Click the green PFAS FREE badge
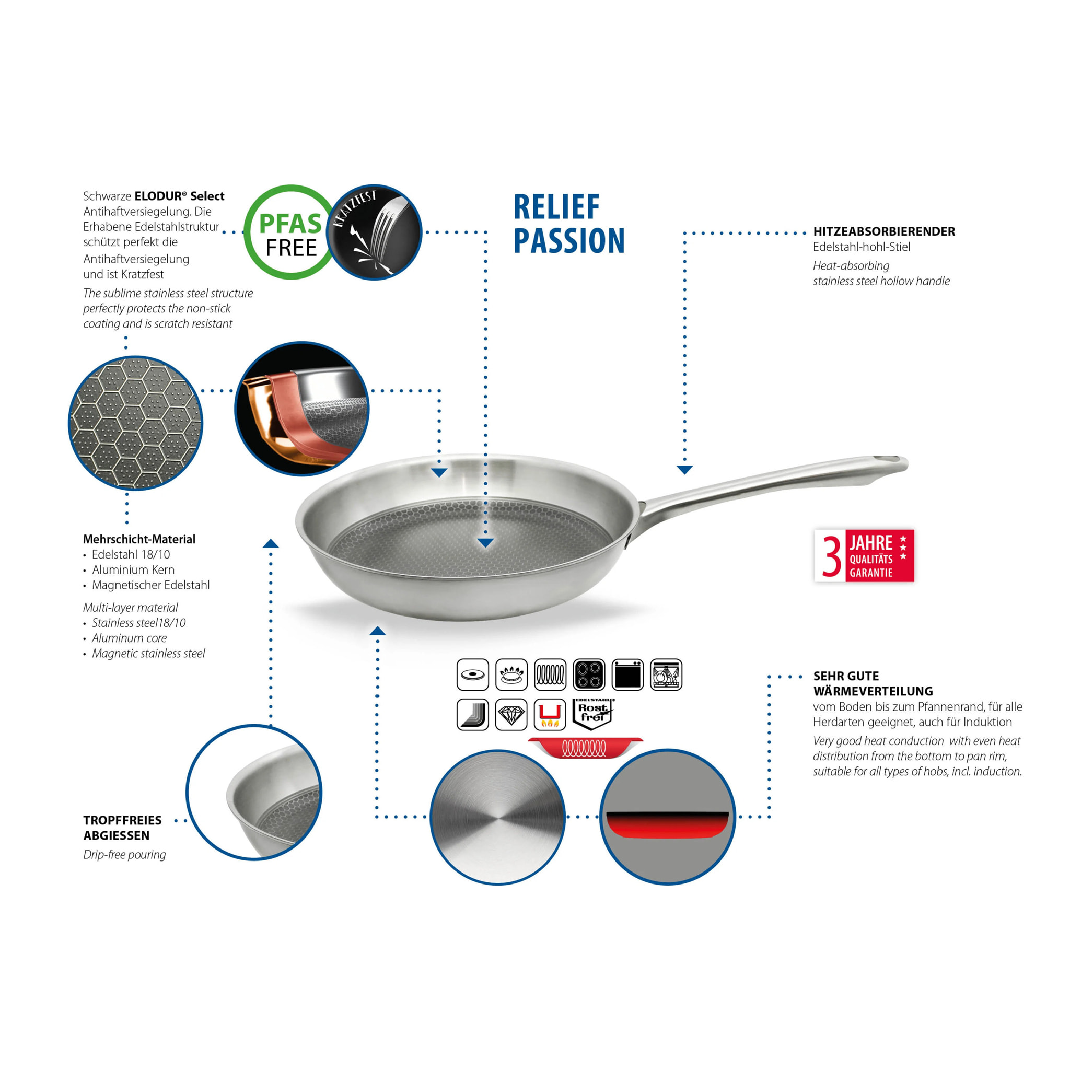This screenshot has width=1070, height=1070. [x=290, y=232]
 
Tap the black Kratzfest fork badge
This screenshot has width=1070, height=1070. [x=375, y=232]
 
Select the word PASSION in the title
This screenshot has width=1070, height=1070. [x=569, y=240]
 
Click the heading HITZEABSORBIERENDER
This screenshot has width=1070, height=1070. [x=884, y=231]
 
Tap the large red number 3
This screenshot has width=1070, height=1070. [x=831, y=555]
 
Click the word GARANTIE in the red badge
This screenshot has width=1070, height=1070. [x=871, y=573]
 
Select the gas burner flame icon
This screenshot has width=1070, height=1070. [x=511, y=674]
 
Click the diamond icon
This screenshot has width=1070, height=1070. [x=511, y=714]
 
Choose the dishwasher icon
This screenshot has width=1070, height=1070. [x=666, y=674]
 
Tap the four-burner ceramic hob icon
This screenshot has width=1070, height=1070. [x=589, y=674]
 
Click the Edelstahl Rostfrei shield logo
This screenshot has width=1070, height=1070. [x=592, y=714]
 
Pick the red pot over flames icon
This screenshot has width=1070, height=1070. [x=550, y=714]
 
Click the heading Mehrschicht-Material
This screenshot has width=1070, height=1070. [x=139, y=539]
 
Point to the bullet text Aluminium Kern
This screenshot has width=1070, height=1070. [x=133, y=569]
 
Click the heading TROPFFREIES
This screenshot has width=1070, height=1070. [x=122, y=820]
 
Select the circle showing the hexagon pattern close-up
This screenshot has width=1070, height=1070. [x=136, y=423]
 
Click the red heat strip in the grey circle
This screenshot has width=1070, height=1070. [x=667, y=825]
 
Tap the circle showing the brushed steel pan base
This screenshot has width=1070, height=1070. [x=497, y=818]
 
